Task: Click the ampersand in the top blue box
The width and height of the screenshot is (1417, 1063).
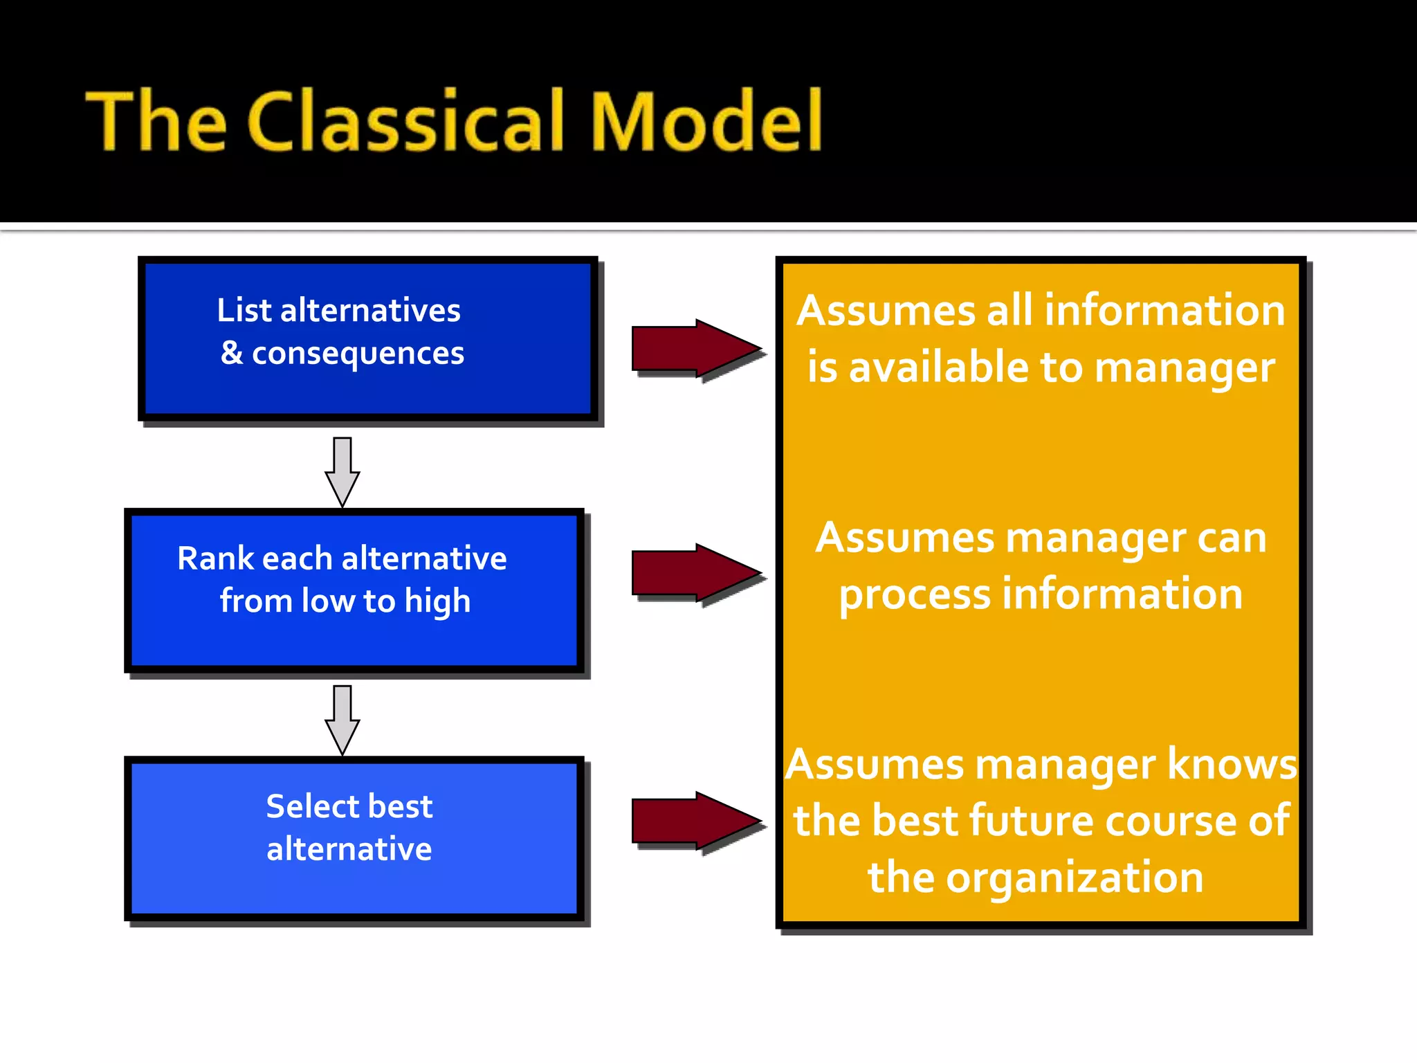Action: tap(232, 353)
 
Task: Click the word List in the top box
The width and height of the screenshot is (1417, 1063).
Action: tap(244, 310)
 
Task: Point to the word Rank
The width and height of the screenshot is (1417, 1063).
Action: tap(215, 558)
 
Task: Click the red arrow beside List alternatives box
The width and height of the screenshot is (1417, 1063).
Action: tap(695, 349)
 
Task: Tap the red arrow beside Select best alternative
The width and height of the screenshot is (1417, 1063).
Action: tap(695, 821)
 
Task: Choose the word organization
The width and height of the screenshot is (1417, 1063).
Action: tap(1074, 878)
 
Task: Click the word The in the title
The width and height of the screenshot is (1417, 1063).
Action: tap(156, 121)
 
